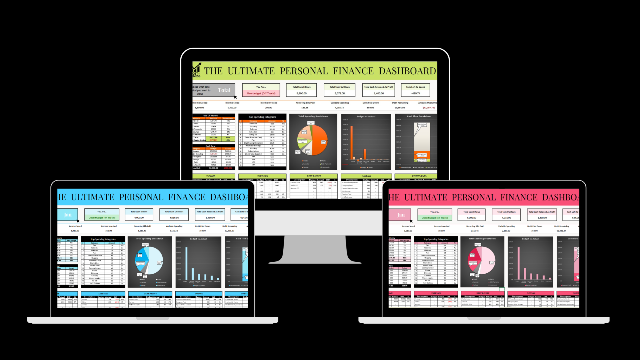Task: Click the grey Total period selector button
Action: pyautogui.click(x=224, y=90)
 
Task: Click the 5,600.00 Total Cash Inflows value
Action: pyautogui.click(x=301, y=93)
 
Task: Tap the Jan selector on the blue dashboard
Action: pyautogui.click(x=68, y=215)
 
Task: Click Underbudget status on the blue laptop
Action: pyautogui.click(x=102, y=218)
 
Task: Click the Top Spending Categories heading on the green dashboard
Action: pyautogui.click(x=262, y=116)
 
